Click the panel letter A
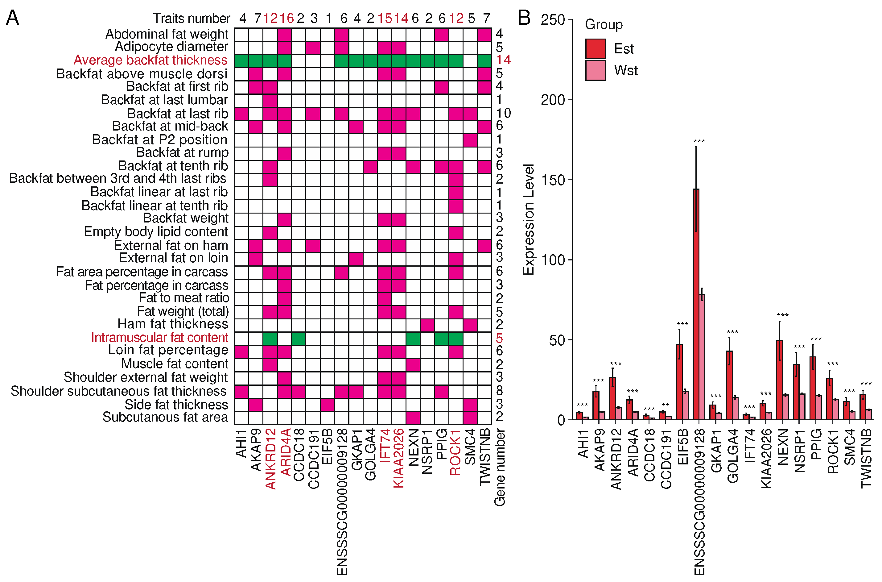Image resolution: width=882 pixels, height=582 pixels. point(12,18)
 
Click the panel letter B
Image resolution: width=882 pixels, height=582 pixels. point(524,18)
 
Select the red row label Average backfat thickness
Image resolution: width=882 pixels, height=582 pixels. point(150,60)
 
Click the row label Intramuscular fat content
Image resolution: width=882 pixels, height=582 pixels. point(159,337)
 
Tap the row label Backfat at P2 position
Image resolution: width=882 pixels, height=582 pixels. point(159,139)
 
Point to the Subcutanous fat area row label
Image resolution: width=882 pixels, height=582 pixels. point(165,417)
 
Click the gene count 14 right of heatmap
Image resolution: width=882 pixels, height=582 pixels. point(503,60)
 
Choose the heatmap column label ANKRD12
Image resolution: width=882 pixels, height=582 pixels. point(271,459)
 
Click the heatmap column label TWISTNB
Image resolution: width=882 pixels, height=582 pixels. point(484,457)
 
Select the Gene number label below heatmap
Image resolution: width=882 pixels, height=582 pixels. point(500,467)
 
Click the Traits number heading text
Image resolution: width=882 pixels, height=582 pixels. point(192,18)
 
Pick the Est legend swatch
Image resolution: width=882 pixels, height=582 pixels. point(595,49)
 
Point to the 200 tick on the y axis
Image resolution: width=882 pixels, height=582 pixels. point(552,100)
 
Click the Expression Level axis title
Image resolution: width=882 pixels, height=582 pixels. point(528,219)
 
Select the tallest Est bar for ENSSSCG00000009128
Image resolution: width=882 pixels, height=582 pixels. point(696,304)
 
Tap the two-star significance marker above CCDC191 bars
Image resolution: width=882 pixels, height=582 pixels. point(666,405)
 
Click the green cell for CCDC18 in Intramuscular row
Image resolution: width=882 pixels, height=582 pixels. point(299,339)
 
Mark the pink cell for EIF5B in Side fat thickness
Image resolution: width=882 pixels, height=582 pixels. point(327,405)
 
